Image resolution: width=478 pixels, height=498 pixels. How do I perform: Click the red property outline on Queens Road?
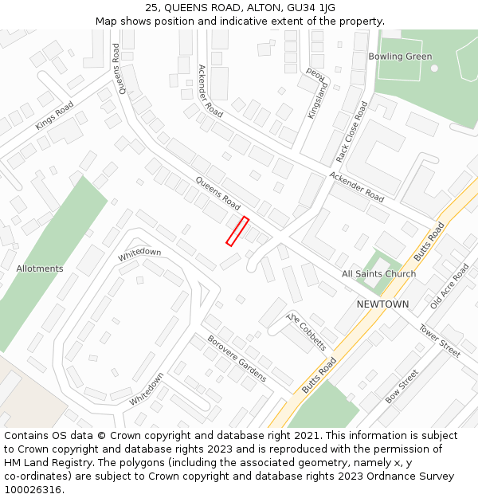237,231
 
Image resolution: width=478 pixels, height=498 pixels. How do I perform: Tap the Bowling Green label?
400,57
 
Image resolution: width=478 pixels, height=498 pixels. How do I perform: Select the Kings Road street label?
54,116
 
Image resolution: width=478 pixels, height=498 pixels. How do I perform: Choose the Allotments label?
40,269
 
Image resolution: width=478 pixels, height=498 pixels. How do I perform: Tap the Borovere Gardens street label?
237,358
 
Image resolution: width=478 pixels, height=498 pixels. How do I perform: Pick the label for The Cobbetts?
307,331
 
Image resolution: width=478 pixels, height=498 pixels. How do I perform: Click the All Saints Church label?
378,274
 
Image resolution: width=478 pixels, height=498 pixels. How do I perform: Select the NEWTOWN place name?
382,304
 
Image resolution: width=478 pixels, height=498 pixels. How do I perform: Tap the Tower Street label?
440,341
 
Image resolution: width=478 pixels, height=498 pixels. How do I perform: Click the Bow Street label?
402,386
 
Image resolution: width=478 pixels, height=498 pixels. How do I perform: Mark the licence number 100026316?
33,489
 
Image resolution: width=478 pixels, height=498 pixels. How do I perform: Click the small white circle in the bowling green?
434,68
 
